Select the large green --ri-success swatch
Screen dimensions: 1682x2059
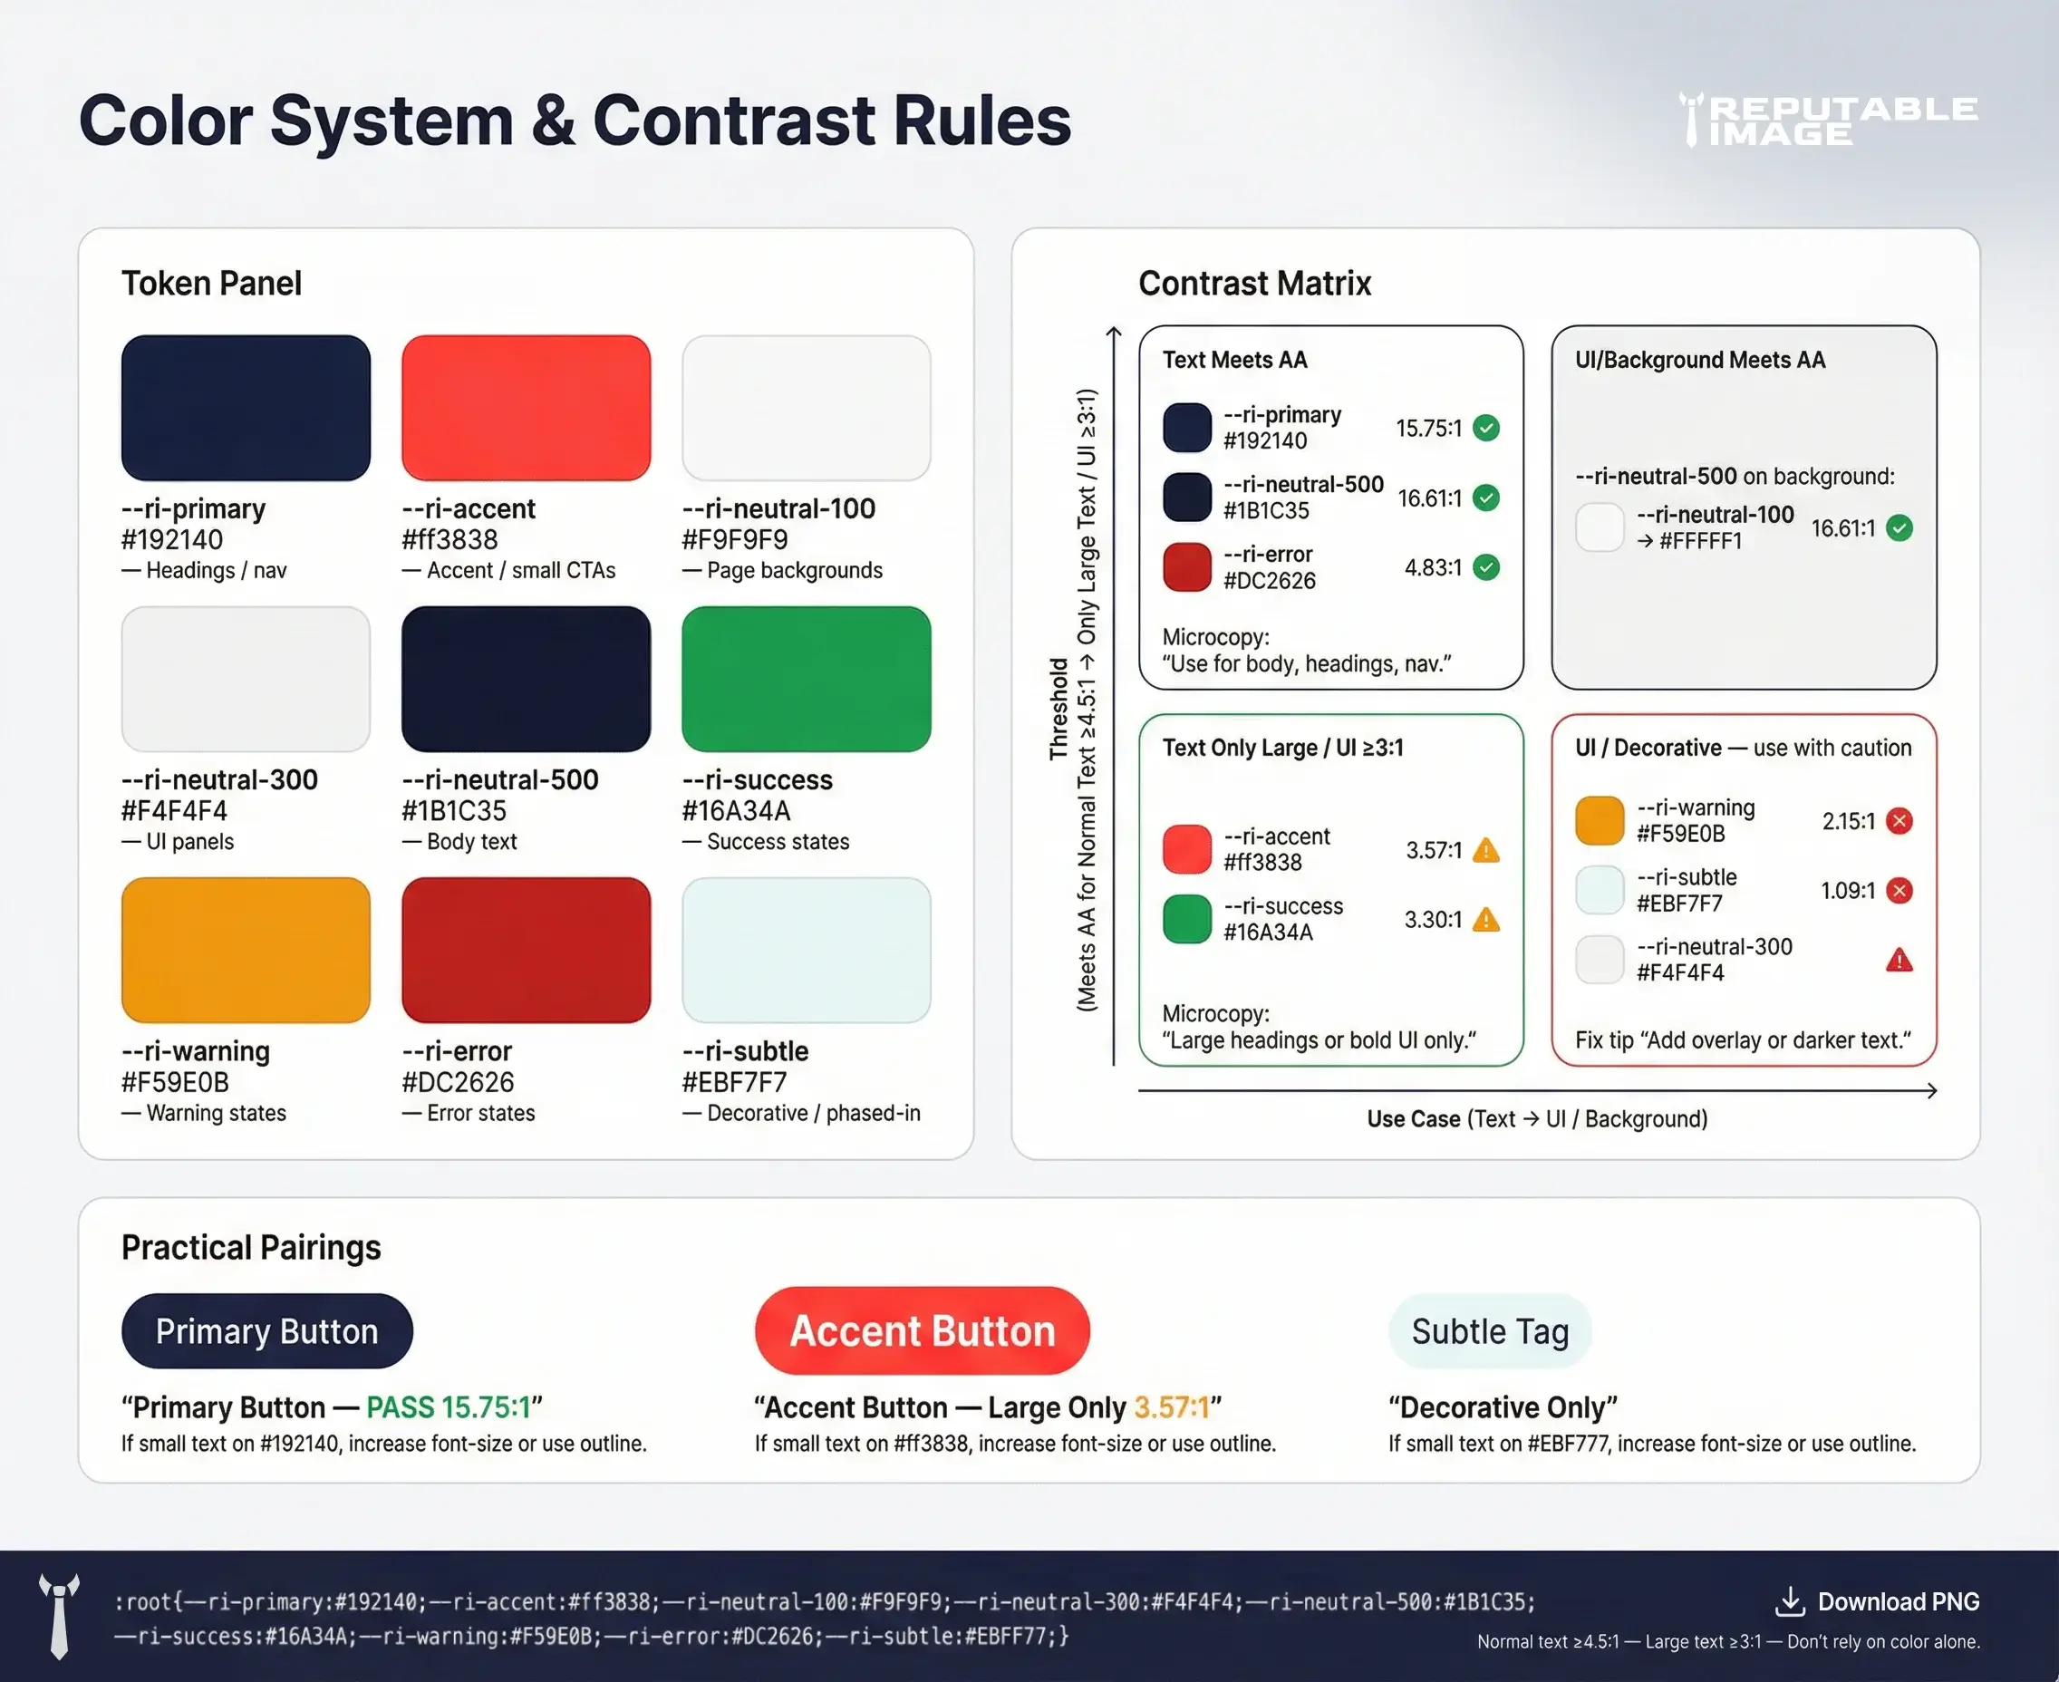click(807, 678)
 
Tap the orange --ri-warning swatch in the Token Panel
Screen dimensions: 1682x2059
click(246, 950)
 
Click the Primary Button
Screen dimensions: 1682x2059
click(266, 1331)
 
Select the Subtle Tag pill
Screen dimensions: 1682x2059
click(1489, 1331)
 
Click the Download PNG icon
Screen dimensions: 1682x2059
click(1789, 1601)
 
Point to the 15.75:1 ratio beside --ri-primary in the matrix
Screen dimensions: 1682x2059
click(1428, 429)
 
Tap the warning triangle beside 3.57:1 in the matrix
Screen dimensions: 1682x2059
click(1486, 851)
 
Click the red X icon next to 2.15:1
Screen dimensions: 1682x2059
click(1899, 822)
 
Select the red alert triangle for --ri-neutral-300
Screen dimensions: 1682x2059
click(1899, 961)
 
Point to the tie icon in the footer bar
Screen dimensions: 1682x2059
click(59, 1616)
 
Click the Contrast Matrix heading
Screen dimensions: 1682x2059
click(1255, 283)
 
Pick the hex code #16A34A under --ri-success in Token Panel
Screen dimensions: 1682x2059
click(737, 811)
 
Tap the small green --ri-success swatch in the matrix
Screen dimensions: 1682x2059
click(1187, 919)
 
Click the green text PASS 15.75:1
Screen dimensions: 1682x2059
click(449, 1406)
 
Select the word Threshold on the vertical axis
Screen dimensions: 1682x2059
click(1058, 709)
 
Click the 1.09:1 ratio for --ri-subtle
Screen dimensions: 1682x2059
click(1848, 891)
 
